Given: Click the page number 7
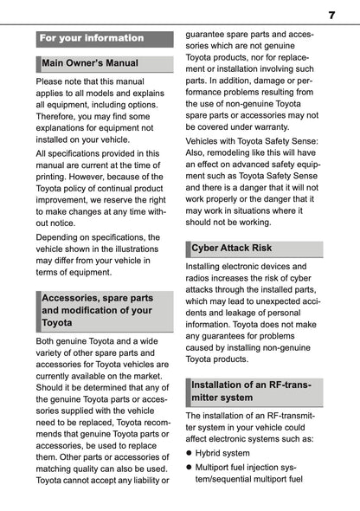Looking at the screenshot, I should pyautogui.click(x=331, y=14).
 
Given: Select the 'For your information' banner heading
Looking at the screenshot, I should pyautogui.click(x=92, y=38).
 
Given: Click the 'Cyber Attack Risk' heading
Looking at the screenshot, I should pyautogui.click(x=232, y=248).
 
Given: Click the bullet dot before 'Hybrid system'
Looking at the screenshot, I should pyautogui.click(x=190, y=453).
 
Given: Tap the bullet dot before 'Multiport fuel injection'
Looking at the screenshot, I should pyautogui.click(x=190, y=467).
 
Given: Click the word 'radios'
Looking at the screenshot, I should pyautogui.click(x=201, y=280).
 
